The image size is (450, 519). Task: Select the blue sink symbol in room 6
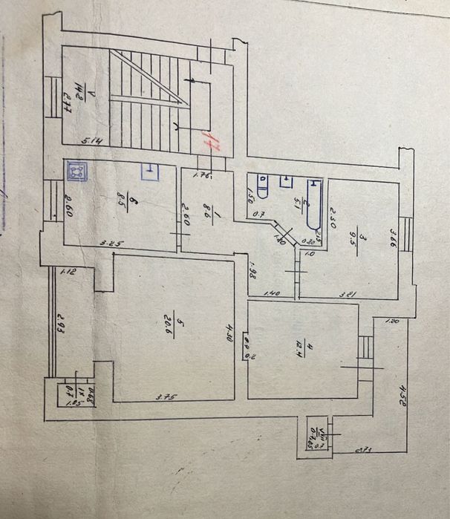point(150,172)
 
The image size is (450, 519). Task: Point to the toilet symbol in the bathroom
point(261,183)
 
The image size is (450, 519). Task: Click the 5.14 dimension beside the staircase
point(91,140)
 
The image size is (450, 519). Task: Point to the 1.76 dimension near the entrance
point(201,176)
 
